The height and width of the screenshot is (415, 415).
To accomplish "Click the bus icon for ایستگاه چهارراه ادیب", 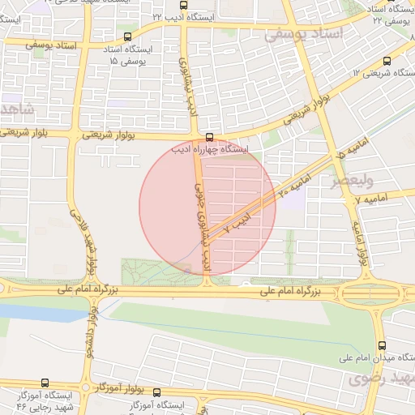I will [210, 137].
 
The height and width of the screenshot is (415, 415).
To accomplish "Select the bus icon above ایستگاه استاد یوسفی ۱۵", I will [127, 36].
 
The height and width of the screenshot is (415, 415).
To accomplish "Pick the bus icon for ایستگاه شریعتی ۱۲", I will [387, 61].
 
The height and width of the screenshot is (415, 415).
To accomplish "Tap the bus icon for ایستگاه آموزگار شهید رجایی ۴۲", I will [45, 383].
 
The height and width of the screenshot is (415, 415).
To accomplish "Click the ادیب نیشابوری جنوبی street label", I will [202, 215].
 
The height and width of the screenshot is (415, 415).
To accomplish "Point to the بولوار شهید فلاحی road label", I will [91, 243].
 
